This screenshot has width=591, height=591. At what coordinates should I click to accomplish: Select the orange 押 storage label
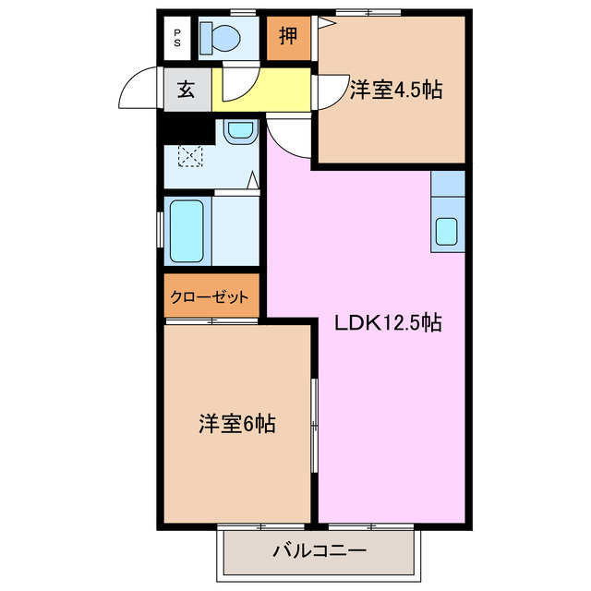point(289,38)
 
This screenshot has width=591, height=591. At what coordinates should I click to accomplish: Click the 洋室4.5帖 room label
point(395,90)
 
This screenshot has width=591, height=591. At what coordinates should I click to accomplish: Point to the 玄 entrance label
point(186,90)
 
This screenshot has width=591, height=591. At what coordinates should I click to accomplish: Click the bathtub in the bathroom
point(187,231)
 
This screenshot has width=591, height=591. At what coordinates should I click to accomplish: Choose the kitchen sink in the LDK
point(447,231)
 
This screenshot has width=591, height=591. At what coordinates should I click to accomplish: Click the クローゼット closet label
point(210,297)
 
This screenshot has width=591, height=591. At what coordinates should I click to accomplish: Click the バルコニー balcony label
point(319,551)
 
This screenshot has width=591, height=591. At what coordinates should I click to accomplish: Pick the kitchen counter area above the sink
point(447,184)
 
